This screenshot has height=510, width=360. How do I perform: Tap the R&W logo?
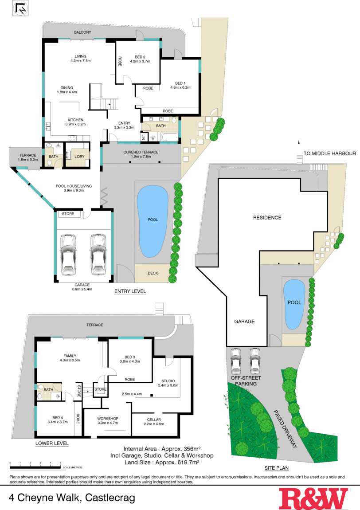click(x=313, y=498)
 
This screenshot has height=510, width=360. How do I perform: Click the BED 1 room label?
click(x=180, y=83)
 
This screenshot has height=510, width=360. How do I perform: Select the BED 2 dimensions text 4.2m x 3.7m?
click(x=140, y=61)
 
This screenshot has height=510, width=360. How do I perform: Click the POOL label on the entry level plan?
click(x=153, y=220)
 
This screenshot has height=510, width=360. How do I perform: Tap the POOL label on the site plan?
click(x=294, y=302)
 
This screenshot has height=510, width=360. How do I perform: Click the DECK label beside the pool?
click(x=153, y=273)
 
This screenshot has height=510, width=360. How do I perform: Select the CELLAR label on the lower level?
click(x=154, y=420)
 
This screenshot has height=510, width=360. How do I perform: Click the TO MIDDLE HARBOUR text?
click(x=329, y=154)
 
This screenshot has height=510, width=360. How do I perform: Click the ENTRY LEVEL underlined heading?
click(x=130, y=291)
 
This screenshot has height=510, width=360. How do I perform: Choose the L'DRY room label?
click(x=79, y=157)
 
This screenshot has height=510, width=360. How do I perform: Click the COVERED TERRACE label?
click(x=141, y=152)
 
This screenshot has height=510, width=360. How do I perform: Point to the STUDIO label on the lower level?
click(x=168, y=381)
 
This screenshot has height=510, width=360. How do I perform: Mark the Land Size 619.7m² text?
click(x=161, y=462)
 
